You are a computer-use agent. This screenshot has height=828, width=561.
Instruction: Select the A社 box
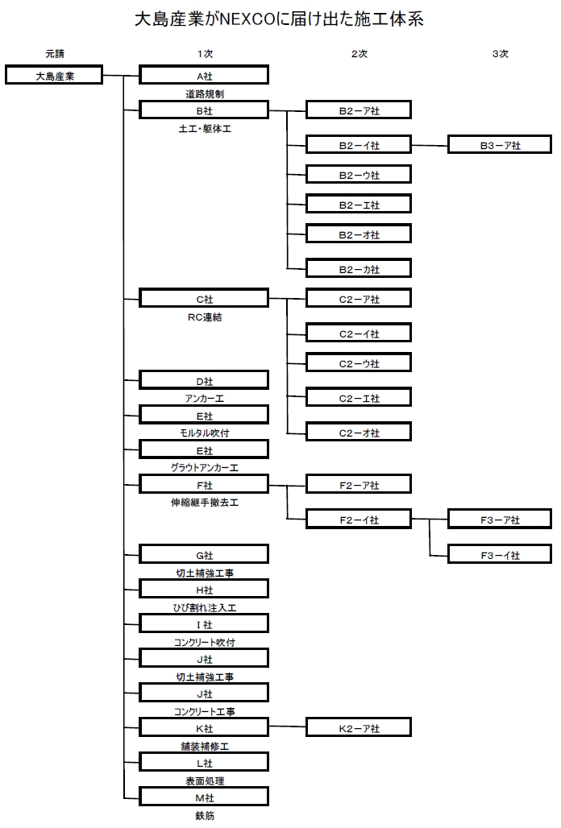[x=204, y=76]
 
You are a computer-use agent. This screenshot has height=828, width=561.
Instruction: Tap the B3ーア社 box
[x=500, y=146]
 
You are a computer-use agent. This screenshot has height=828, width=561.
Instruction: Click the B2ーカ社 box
[x=359, y=268]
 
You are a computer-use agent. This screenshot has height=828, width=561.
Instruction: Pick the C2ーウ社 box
[x=359, y=364]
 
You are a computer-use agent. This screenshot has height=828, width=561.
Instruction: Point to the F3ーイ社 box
[x=500, y=554]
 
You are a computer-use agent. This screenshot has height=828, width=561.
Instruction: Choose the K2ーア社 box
[x=359, y=728]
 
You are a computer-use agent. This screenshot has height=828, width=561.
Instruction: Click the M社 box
[x=204, y=797]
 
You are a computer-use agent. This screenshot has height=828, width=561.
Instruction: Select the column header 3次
[x=500, y=54]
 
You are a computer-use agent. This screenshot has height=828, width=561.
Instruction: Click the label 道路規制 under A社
[x=204, y=93]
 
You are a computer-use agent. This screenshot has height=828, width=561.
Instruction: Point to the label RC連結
[x=204, y=317]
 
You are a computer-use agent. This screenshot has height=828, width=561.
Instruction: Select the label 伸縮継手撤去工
[x=204, y=503]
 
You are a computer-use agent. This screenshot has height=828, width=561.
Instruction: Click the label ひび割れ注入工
[x=204, y=607]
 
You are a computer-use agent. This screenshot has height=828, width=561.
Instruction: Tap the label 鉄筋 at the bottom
[x=204, y=815]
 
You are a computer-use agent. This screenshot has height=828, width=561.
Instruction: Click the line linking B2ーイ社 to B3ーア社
[x=430, y=146]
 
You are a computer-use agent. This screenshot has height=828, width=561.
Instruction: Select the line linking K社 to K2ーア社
[x=287, y=728]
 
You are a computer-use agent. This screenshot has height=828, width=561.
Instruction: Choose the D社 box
[x=204, y=380]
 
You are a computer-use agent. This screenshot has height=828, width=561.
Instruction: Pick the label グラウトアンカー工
[x=204, y=467]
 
